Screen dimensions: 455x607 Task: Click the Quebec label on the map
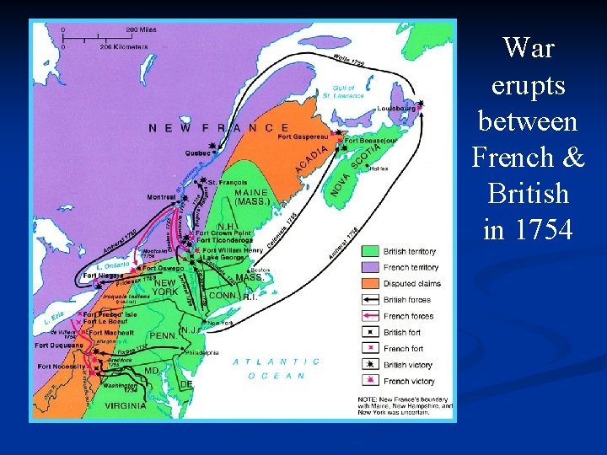[x=198, y=153]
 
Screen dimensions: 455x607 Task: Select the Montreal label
[x=161, y=197]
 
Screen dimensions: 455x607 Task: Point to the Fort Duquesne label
[x=58, y=345]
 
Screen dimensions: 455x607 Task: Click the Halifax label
[x=379, y=169]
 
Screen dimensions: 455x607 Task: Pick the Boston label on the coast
[x=260, y=270]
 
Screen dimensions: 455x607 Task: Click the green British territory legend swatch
[x=370, y=251]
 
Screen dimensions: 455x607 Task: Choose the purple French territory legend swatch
[x=370, y=267]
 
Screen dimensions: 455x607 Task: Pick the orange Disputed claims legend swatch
[x=370, y=283]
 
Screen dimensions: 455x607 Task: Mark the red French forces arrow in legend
[x=370, y=316]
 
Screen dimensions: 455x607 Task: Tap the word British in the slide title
[x=529, y=193]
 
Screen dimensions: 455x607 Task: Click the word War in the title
[x=528, y=48]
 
